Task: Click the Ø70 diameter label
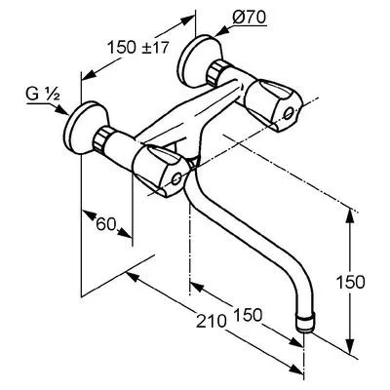(250, 18)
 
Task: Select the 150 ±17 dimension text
(138, 48)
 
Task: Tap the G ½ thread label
(42, 95)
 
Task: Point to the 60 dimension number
(106, 224)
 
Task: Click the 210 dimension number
(211, 322)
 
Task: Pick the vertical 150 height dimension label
(350, 282)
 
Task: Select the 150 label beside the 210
(248, 314)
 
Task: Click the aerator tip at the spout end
(305, 323)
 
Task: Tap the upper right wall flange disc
(198, 61)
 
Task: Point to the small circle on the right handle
(288, 114)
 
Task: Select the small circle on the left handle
(176, 178)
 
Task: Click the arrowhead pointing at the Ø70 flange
(220, 32)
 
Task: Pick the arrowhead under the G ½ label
(61, 110)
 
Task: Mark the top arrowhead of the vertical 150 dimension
(350, 215)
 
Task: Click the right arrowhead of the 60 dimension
(125, 232)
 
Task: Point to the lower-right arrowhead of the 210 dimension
(296, 370)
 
